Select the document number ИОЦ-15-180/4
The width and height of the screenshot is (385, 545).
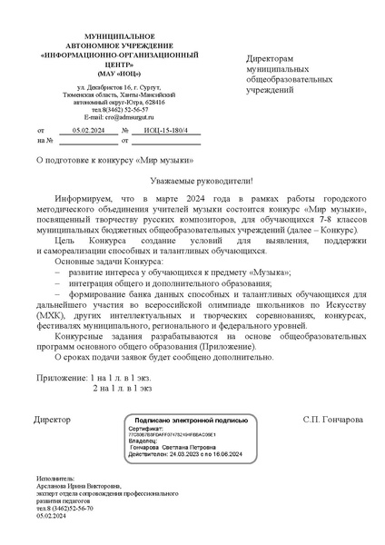tap(166, 131)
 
